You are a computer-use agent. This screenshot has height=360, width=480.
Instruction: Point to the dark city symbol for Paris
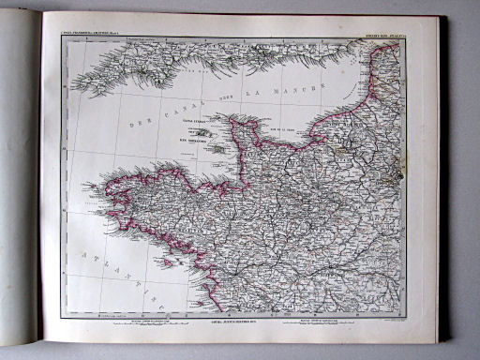pos(397,172)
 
